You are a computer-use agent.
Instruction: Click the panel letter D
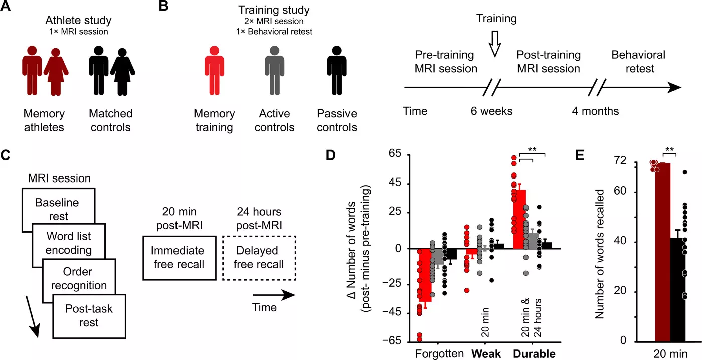330,155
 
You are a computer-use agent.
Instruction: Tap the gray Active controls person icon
275,70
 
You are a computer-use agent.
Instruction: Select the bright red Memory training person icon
215,70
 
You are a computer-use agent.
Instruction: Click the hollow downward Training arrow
495,44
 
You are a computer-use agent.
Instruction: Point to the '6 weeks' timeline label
491,111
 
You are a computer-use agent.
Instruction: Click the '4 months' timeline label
595,111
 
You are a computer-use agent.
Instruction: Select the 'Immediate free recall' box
180,258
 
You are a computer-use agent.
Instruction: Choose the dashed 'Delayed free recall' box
259,258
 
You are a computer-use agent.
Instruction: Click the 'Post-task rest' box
89,316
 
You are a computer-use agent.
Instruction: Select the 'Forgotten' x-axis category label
439,354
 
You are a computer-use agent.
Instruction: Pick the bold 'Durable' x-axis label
534,354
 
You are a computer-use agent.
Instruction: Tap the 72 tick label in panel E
620,160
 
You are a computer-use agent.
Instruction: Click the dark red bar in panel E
662,252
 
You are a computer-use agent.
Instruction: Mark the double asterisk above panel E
669,149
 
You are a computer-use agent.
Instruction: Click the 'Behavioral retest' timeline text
638,61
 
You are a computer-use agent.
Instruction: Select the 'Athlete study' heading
78,20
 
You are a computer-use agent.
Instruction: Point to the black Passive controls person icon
337,70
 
